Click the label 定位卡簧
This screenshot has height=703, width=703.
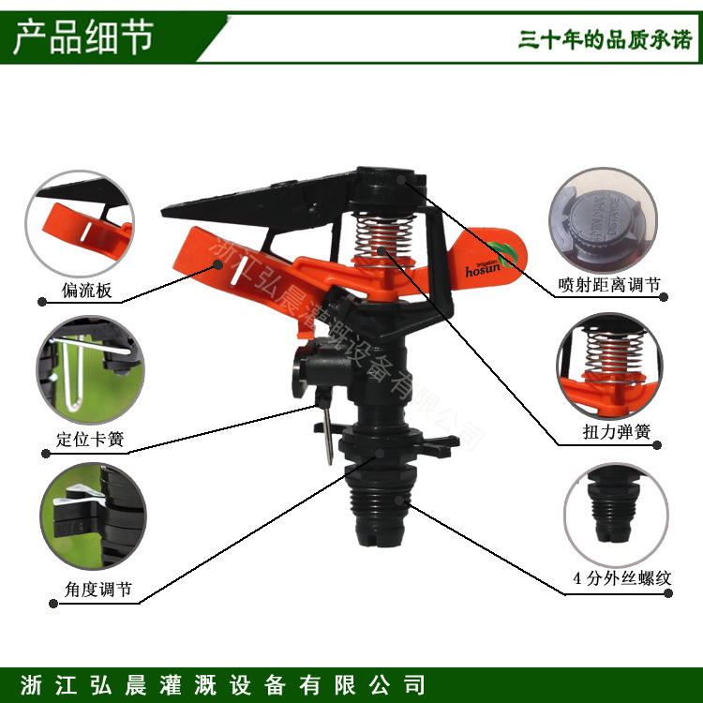[x=90, y=440]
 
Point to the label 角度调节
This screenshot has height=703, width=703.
[x=92, y=590]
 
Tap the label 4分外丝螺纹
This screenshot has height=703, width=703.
[x=621, y=579]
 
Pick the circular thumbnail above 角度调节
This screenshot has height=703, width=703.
[x=92, y=518]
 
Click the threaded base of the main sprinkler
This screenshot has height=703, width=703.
[x=381, y=506]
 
